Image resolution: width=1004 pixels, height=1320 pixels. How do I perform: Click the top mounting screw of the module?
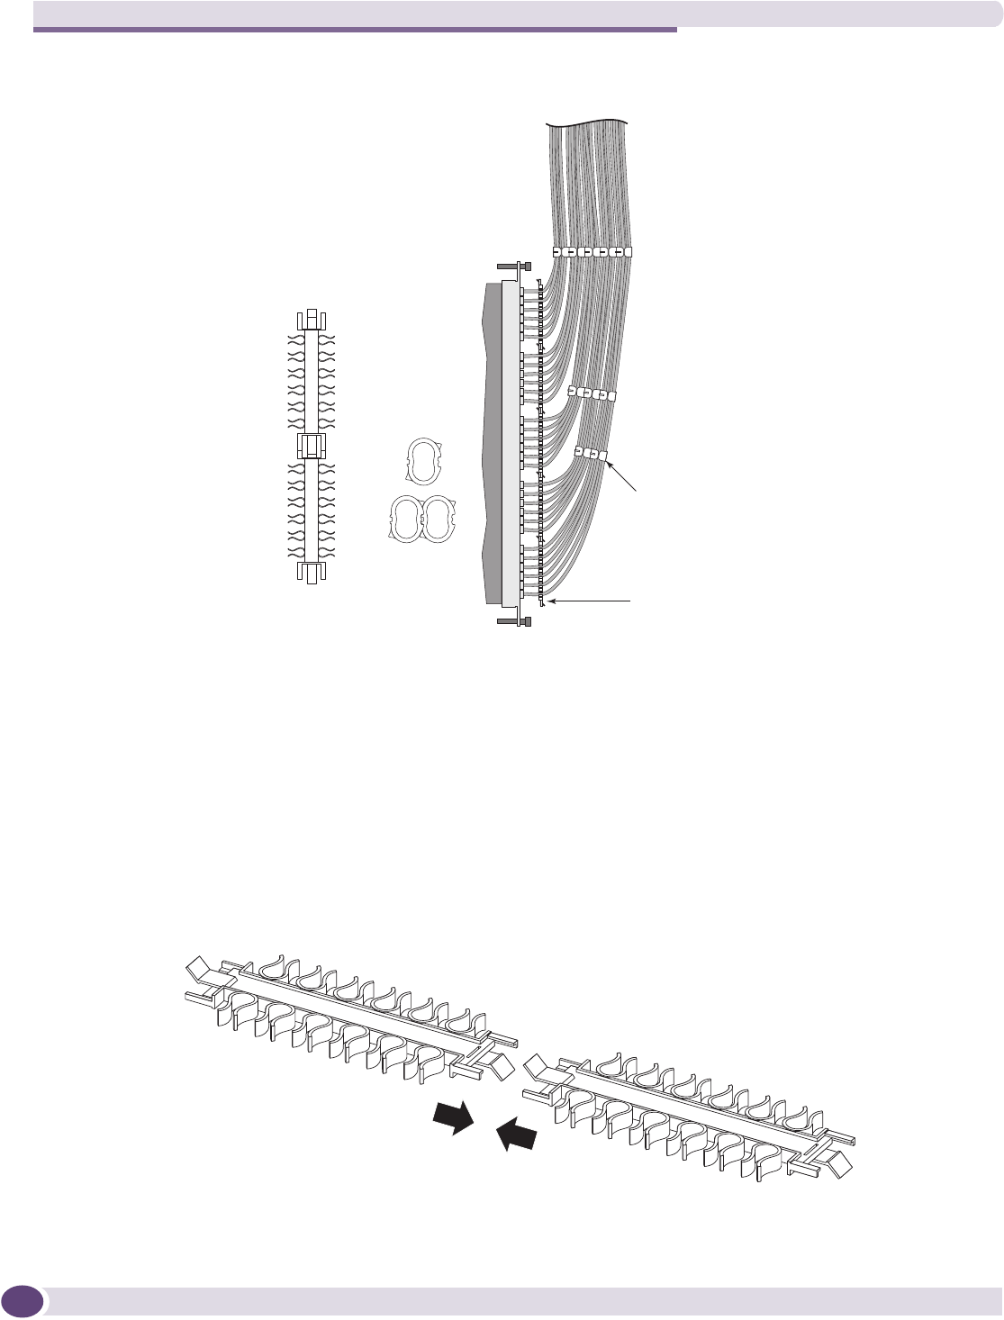pyautogui.click(x=513, y=266)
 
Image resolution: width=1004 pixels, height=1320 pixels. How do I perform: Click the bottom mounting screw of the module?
pyautogui.click(x=513, y=620)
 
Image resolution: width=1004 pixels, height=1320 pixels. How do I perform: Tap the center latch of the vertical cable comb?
pyautogui.click(x=310, y=445)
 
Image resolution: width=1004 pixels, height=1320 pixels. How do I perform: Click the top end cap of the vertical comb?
pyautogui.click(x=310, y=320)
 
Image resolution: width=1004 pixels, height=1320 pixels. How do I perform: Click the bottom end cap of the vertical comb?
pyautogui.click(x=310, y=573)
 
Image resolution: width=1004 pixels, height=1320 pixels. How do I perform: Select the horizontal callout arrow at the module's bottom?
pyautogui.click(x=594, y=600)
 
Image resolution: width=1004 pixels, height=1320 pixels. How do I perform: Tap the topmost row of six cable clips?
pyautogui.click(x=592, y=251)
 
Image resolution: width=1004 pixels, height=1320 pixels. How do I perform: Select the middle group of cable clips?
pyautogui.click(x=592, y=393)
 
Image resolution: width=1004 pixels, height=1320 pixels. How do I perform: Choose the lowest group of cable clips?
pyautogui.click(x=592, y=454)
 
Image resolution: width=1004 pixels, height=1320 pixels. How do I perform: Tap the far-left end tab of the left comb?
pyautogui.click(x=197, y=972)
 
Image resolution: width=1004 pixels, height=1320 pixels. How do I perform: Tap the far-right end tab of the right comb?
pyautogui.click(x=846, y=1165)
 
